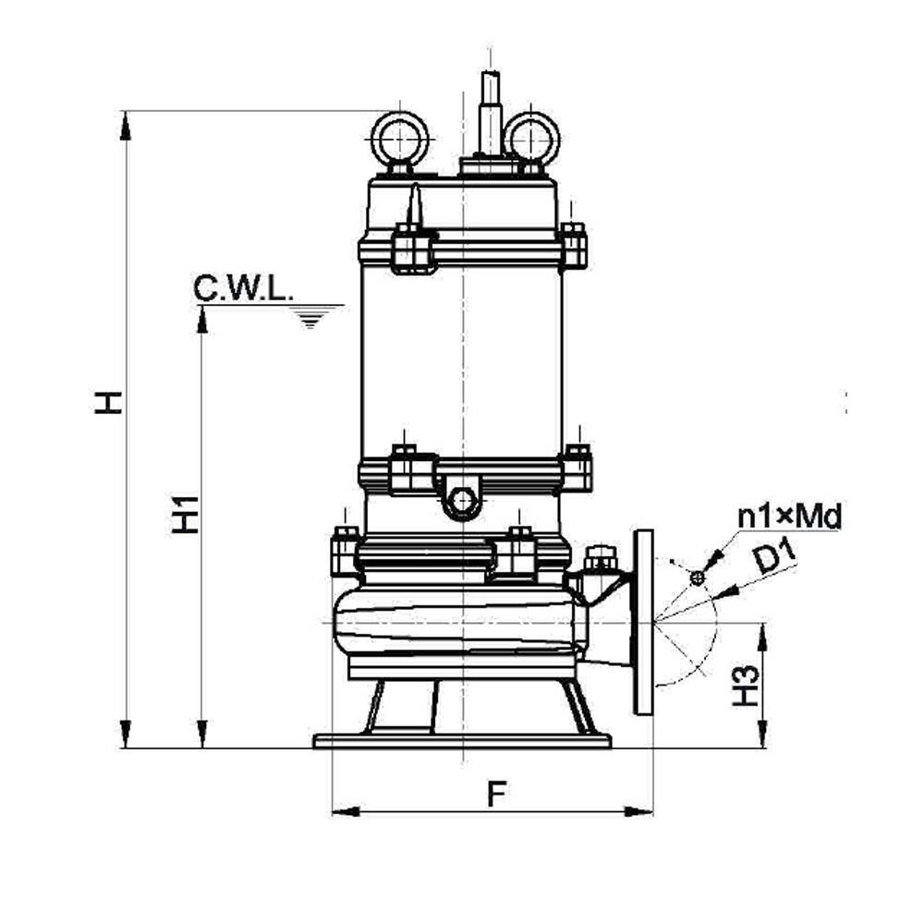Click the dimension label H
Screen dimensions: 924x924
coord(108,403)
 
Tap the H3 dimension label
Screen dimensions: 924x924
coord(746,686)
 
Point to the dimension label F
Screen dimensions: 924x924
coord(497,794)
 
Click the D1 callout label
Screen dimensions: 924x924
coord(775,558)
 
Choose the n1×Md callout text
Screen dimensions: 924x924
coord(789,517)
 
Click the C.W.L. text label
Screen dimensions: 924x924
coord(243,289)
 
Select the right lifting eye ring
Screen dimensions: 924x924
coord(531,140)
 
